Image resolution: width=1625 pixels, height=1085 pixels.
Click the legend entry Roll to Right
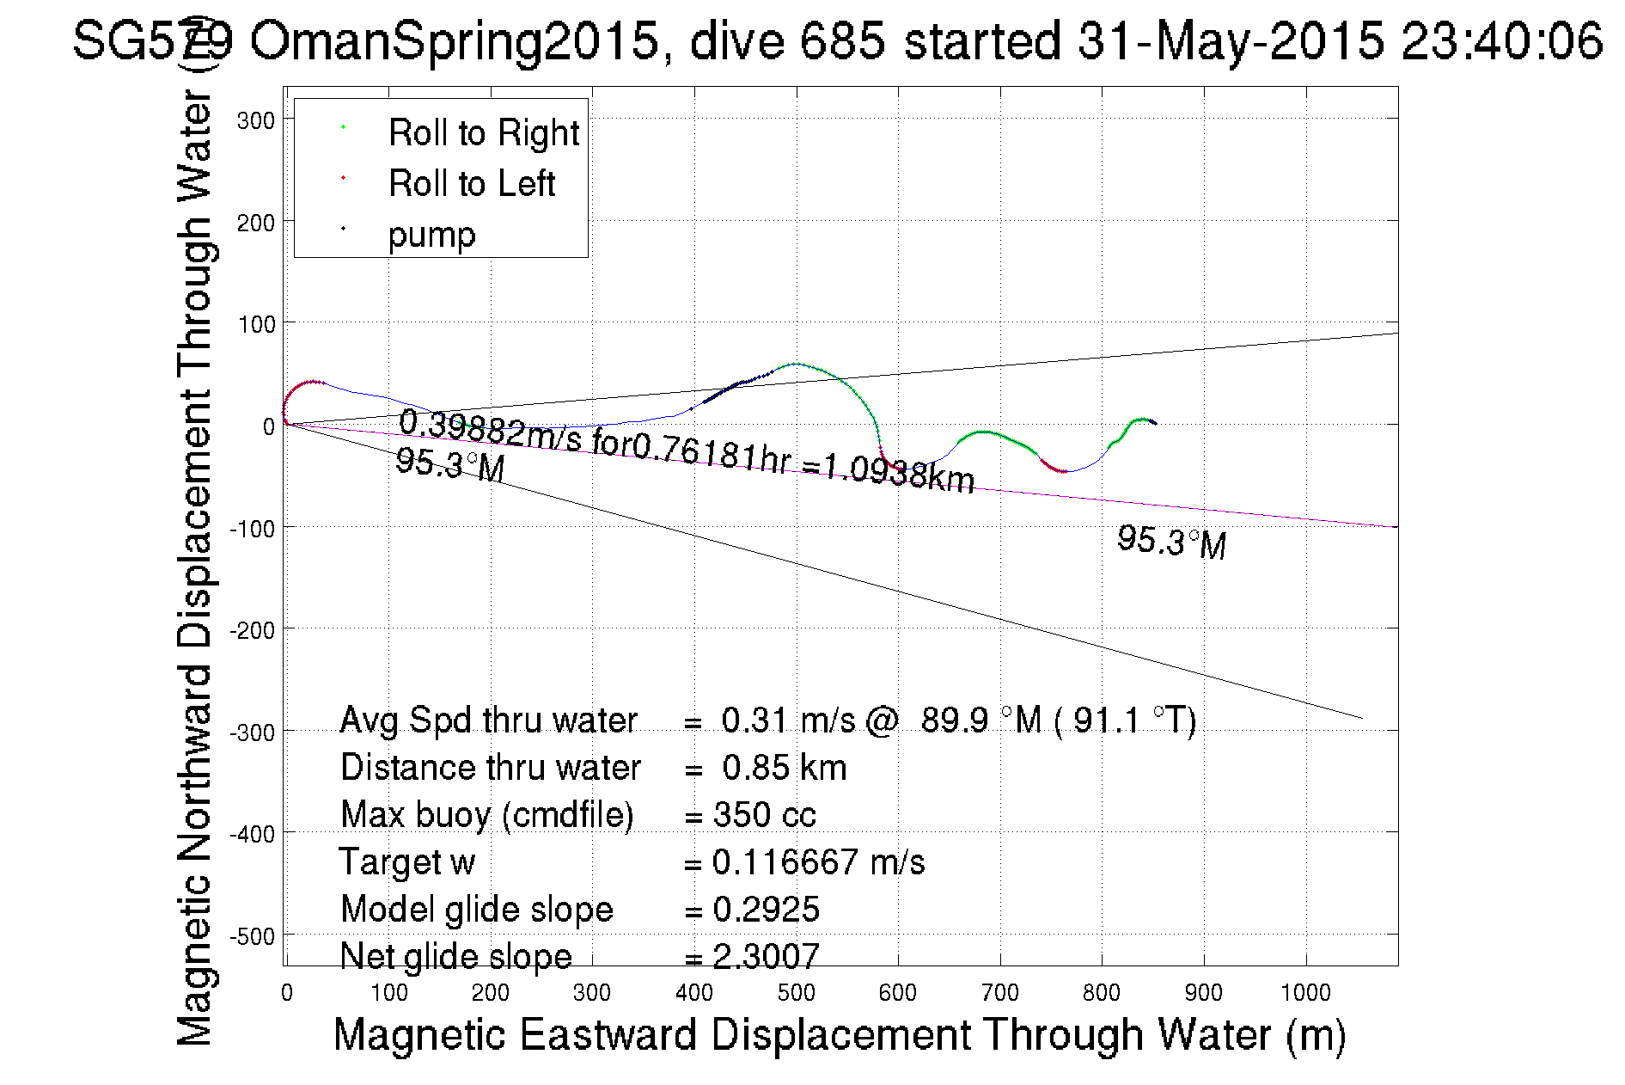[x=483, y=133]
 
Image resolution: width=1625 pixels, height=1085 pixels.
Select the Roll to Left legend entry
[x=471, y=184]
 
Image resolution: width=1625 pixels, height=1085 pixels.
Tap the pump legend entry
[x=431, y=234]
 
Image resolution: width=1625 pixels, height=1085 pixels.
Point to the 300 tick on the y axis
[x=255, y=120]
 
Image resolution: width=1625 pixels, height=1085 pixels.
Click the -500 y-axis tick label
[x=252, y=935]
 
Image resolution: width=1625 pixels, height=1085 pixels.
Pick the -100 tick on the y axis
[x=252, y=528]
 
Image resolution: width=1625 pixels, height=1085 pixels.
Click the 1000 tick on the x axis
[x=1305, y=993]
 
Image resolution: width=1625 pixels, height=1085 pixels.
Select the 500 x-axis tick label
[x=796, y=993]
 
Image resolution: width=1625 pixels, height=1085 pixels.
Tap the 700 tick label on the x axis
[x=999, y=993]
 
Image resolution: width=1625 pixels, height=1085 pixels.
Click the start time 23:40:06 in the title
[x=1501, y=40]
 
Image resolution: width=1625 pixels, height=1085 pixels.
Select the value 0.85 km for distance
[x=784, y=768]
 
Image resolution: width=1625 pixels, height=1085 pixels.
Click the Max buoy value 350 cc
[x=764, y=815]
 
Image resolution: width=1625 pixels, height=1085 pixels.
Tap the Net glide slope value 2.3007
[x=766, y=956]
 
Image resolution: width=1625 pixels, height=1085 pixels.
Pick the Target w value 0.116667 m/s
[x=818, y=862]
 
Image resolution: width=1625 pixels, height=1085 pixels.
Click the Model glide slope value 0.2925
[x=766, y=910]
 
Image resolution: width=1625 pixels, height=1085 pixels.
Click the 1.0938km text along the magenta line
[x=899, y=474]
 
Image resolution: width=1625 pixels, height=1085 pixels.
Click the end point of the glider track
[x=1156, y=423]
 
